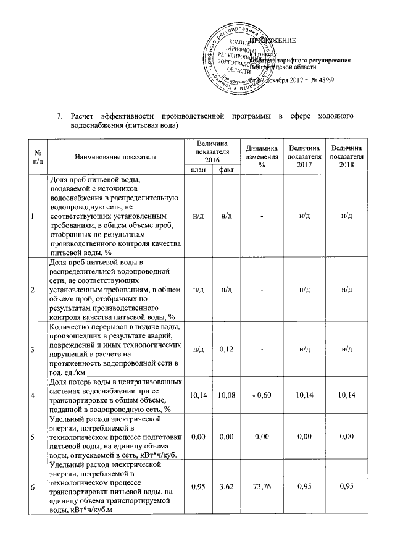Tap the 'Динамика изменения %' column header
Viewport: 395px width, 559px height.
[260, 157]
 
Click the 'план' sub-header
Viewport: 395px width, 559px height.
[197, 169]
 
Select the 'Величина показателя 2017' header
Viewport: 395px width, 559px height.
[304, 157]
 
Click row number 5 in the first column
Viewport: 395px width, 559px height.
[32, 437]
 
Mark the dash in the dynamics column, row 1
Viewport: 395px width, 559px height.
[260, 214]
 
